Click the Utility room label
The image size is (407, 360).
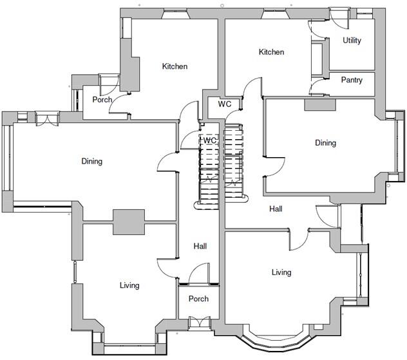(352, 41)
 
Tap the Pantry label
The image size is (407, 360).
(352, 81)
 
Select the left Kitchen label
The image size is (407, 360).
(175, 66)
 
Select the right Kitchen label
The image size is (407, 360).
(271, 52)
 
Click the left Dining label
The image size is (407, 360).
(91, 161)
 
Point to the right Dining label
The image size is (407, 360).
(325, 143)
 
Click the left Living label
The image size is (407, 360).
(129, 285)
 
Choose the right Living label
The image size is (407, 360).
(281, 272)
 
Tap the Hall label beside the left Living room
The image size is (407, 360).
(200, 246)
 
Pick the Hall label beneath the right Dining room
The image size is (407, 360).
(276, 209)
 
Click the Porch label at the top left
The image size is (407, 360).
(102, 100)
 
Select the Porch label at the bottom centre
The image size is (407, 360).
(198, 299)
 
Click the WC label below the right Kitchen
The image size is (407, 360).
(225, 104)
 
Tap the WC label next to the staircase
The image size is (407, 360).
(210, 140)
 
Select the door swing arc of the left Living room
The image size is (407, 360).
(166, 266)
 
